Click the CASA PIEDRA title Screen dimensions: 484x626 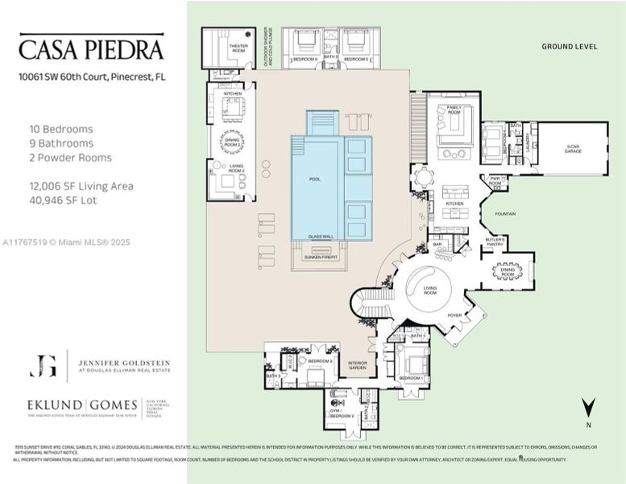[91, 49]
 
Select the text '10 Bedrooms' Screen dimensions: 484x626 [61, 128]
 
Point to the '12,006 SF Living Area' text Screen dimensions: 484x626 [81, 186]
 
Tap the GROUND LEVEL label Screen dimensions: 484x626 [569, 47]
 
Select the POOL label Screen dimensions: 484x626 [314, 178]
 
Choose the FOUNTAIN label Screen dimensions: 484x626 [505, 214]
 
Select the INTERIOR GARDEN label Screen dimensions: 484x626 [357, 365]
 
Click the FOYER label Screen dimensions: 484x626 [454, 315]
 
